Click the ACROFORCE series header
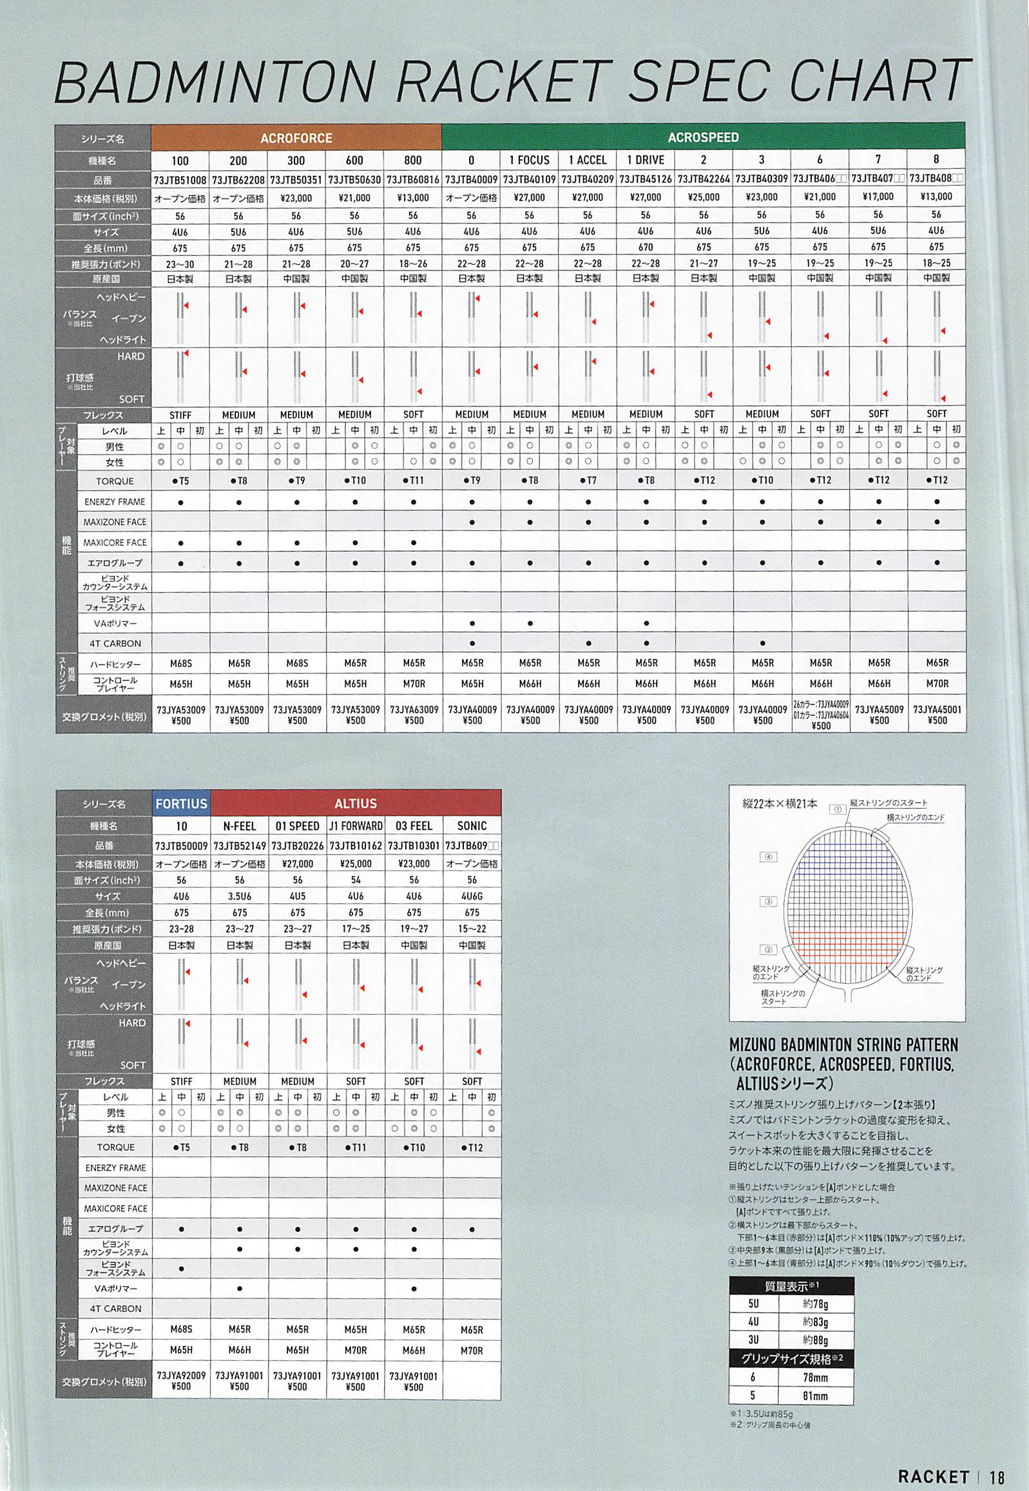pyautogui.click(x=296, y=138)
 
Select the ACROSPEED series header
pyautogui.click(x=703, y=137)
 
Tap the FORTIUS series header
pyautogui.click(x=181, y=804)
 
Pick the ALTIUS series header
pyautogui.click(x=355, y=804)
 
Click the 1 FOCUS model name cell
pyautogui.click(x=530, y=160)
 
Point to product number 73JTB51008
pyautogui.click(x=180, y=180)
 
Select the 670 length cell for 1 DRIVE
pyautogui.click(x=646, y=247)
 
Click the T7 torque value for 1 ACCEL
pyautogui.click(x=588, y=480)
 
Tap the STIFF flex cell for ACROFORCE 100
pyautogui.click(x=180, y=414)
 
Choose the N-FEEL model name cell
pyautogui.click(x=239, y=826)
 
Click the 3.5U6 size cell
pyautogui.click(x=239, y=896)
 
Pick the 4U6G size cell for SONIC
pyautogui.click(x=472, y=896)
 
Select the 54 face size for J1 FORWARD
pyautogui.click(x=355, y=880)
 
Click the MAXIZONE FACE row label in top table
pyautogui.click(x=114, y=522)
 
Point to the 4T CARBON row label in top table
pyautogui.click(x=114, y=643)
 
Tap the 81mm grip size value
pyautogui.click(x=816, y=1396)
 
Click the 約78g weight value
pyautogui.click(x=816, y=1303)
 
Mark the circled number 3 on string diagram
pyautogui.click(x=768, y=901)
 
